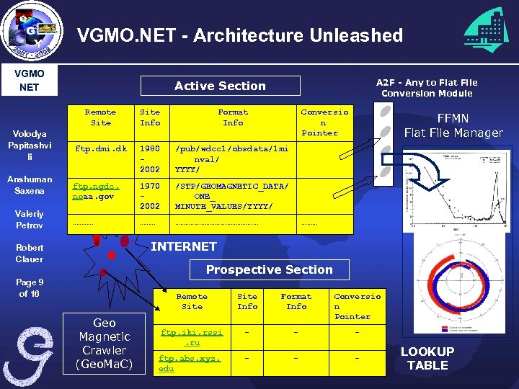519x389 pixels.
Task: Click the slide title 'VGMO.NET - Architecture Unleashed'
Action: pyautogui.click(x=239, y=35)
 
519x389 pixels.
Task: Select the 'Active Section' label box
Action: pyautogui.click(x=220, y=86)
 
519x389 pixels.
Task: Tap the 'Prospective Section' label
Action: pyautogui.click(x=269, y=269)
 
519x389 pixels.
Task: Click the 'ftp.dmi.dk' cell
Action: pyautogui.click(x=100, y=149)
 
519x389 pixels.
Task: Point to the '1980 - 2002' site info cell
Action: pyautogui.click(x=150, y=159)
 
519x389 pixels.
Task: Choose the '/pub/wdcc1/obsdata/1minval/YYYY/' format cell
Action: pyautogui.click(x=231, y=159)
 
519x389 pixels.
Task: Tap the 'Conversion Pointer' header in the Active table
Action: pyautogui.click(x=324, y=122)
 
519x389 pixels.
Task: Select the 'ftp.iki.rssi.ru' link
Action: pyautogui.click(x=192, y=337)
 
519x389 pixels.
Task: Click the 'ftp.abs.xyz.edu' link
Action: pyautogui.click(x=190, y=363)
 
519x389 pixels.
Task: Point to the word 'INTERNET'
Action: pyautogui.click(x=183, y=246)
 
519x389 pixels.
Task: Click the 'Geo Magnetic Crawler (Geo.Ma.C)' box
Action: pyautogui.click(x=104, y=344)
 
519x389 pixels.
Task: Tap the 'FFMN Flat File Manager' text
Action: pyautogui.click(x=453, y=125)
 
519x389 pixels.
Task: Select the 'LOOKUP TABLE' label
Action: pyautogui.click(x=427, y=358)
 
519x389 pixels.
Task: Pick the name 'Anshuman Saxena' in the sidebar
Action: pyautogui.click(x=30, y=185)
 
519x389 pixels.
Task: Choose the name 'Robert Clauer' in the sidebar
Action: pyautogui.click(x=30, y=253)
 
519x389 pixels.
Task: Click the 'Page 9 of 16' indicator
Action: pyautogui.click(x=30, y=288)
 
